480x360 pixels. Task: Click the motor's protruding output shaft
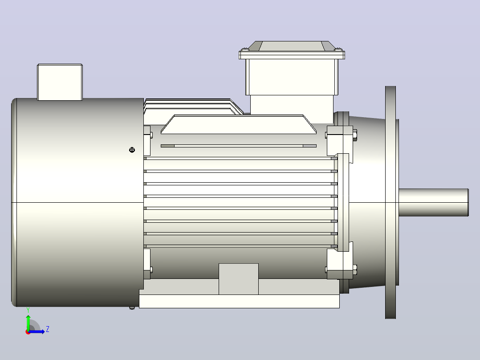pyautogui.click(x=434, y=202)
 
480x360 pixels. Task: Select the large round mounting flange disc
pyautogui.click(x=391, y=202)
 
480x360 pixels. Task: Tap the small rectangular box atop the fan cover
pyautogui.click(x=60, y=82)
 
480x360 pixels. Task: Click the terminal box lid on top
pyautogui.click(x=292, y=50)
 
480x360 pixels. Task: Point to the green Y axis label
pyautogui.click(x=28, y=311)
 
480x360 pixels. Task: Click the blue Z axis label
pyautogui.click(x=48, y=329)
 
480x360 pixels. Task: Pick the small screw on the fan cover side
pyautogui.click(x=132, y=150)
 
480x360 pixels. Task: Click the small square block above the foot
pyautogui.click(x=239, y=279)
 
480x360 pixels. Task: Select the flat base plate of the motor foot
pyautogui.click(x=239, y=301)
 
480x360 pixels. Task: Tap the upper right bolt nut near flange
pyautogui.click(x=355, y=135)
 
